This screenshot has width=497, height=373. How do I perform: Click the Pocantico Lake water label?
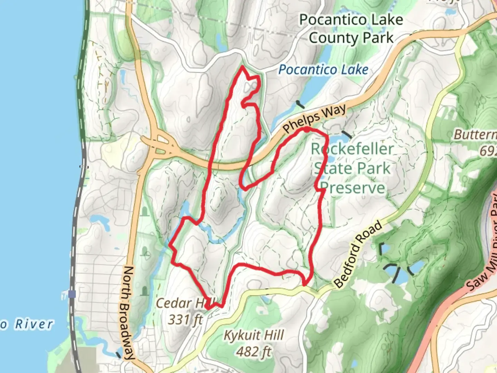tap(323, 70)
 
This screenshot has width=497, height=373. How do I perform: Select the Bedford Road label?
tap(359, 254)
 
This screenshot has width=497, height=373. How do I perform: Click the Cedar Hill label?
tap(185, 303)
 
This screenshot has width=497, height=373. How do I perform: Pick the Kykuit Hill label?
tap(254, 335)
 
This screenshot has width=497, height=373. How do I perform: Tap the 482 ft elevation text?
tap(254, 352)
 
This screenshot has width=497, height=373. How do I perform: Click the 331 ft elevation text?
tap(185, 319)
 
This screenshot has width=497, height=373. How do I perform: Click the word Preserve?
tap(352, 188)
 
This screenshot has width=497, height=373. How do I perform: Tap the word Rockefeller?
tap(352, 149)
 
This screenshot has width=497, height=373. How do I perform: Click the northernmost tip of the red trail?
tap(243, 66)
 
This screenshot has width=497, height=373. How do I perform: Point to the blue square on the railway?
tap(72, 294)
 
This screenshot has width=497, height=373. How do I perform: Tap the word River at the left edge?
tap(34, 324)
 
